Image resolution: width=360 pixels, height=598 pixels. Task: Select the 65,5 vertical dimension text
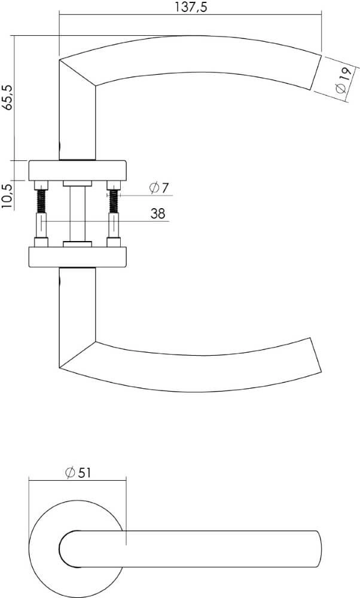coord(7,97)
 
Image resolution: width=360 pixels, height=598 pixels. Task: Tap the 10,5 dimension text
coord(7,195)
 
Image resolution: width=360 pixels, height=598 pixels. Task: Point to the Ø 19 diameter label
coord(341,80)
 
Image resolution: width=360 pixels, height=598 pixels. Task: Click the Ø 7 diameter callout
coord(159,188)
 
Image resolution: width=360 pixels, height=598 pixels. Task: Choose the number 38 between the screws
coord(158,213)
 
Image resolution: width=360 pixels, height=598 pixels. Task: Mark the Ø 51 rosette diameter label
coord(78,472)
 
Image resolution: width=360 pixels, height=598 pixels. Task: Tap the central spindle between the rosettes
coord(77,214)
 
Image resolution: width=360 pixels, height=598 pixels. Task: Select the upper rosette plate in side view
coord(77,170)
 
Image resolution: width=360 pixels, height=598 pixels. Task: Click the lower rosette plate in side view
coord(77,257)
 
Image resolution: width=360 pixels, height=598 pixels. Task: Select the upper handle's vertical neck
coord(77,123)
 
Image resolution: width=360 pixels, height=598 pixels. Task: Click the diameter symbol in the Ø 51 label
coord(69,472)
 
